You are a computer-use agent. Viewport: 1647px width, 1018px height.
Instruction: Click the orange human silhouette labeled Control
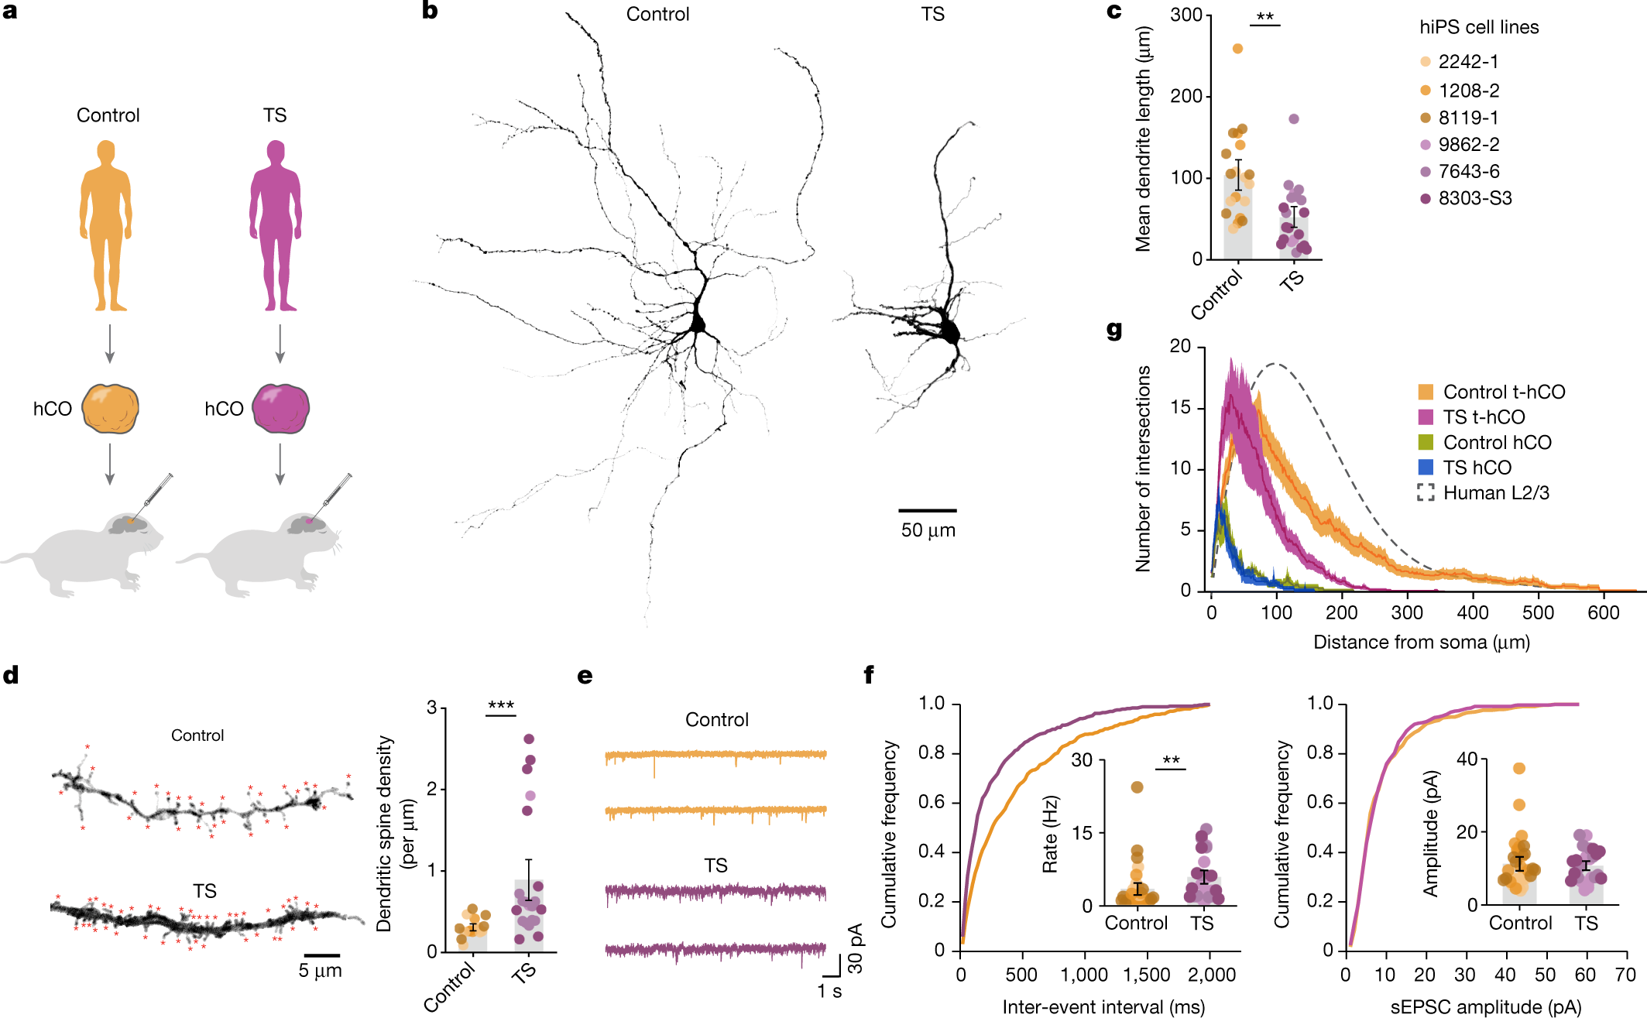[106, 225]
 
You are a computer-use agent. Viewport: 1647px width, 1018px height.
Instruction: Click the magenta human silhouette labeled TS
[276, 225]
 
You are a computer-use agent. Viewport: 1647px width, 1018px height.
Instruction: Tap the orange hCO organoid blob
[111, 408]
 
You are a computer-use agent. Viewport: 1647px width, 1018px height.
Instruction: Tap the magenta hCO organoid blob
[280, 408]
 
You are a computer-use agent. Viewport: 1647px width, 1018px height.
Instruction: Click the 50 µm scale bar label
[928, 531]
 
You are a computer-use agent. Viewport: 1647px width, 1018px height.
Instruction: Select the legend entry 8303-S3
[1474, 198]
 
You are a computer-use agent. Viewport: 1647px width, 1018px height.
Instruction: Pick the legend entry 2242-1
[1468, 62]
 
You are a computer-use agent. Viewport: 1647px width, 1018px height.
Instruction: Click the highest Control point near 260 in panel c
[1237, 49]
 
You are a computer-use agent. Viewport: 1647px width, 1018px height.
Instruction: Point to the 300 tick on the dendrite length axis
[1185, 15]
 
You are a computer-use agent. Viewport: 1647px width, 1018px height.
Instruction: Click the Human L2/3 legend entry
[1495, 493]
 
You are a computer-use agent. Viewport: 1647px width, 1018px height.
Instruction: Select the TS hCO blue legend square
[1426, 468]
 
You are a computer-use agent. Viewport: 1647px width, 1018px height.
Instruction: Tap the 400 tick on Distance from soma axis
[1472, 613]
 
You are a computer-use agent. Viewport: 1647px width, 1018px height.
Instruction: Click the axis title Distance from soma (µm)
[1421, 643]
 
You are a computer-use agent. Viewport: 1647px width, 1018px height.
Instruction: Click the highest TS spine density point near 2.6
[529, 739]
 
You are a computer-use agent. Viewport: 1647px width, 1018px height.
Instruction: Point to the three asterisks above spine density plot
[501, 705]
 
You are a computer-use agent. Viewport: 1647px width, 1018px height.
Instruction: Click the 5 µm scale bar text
[320, 971]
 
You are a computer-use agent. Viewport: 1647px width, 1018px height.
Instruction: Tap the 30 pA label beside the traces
[855, 948]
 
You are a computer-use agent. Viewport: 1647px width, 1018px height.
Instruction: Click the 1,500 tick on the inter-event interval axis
[1148, 975]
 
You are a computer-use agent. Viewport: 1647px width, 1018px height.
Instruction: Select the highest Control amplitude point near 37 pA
[1518, 769]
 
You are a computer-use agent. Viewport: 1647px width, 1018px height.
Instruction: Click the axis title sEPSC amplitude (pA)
[1485, 1007]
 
